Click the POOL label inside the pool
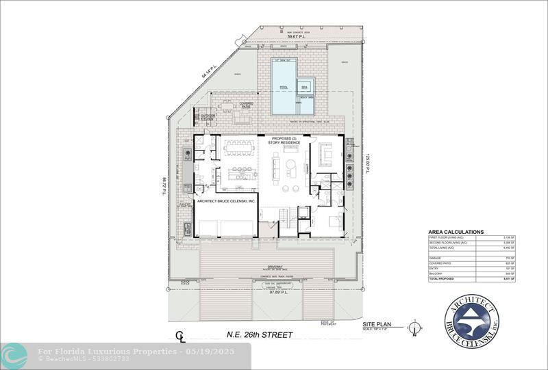[x=284, y=88]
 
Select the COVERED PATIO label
[x=246, y=105]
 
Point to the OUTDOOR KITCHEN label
[x=208, y=118]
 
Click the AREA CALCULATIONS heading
[x=456, y=232]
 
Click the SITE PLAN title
[x=376, y=326]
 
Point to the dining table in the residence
[x=239, y=148]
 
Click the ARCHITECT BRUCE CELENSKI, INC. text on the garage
[x=226, y=202]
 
